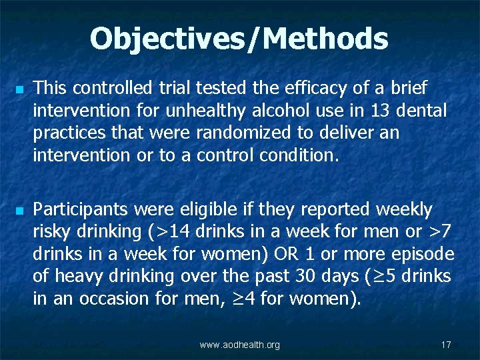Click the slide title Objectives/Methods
[x=239, y=38]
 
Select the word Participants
[x=81, y=209]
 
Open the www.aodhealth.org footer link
[x=240, y=345]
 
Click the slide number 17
[x=446, y=345]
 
